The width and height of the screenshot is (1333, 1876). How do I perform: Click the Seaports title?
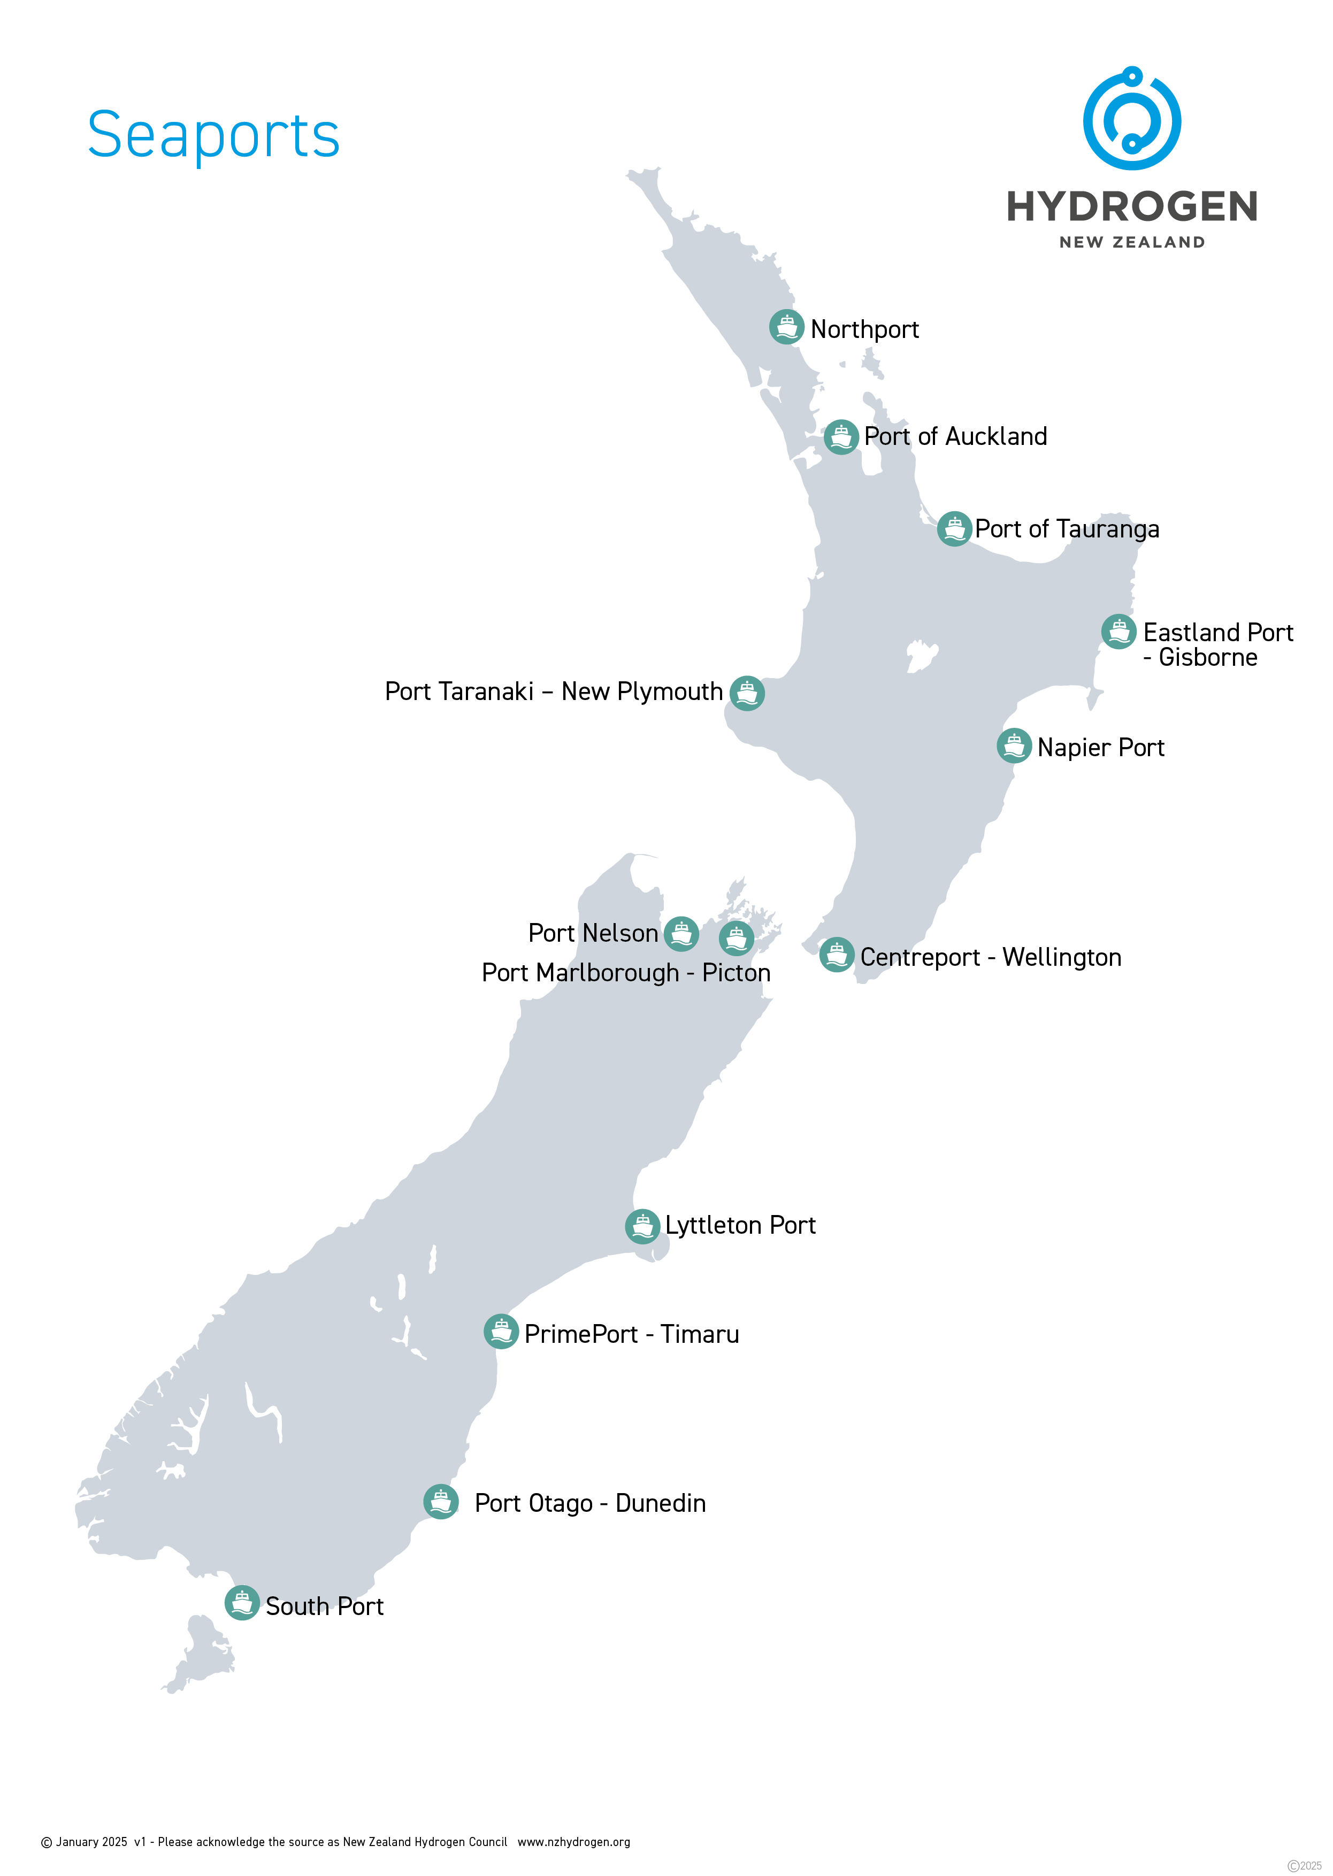(213, 135)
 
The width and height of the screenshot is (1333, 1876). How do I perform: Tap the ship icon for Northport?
(786, 327)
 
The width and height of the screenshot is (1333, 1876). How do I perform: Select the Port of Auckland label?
(955, 436)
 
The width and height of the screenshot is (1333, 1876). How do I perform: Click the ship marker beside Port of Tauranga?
(954, 528)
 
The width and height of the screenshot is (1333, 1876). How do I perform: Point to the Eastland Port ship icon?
(1118, 632)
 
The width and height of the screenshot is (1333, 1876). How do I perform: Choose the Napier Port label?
(1101, 748)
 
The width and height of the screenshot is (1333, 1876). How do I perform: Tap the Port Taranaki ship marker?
(747, 694)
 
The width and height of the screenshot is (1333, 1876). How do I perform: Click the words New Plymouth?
(642, 692)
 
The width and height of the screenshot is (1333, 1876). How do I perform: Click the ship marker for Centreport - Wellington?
(837, 955)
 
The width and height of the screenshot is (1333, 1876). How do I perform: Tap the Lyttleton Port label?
(740, 1225)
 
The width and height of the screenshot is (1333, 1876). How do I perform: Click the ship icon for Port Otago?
(441, 1502)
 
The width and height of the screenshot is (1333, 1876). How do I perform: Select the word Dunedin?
(661, 1503)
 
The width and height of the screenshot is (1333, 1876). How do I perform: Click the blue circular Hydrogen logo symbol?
(1132, 119)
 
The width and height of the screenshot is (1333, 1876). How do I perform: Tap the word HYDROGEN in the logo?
(1132, 207)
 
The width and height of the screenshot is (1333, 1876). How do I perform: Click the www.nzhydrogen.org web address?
(574, 1842)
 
